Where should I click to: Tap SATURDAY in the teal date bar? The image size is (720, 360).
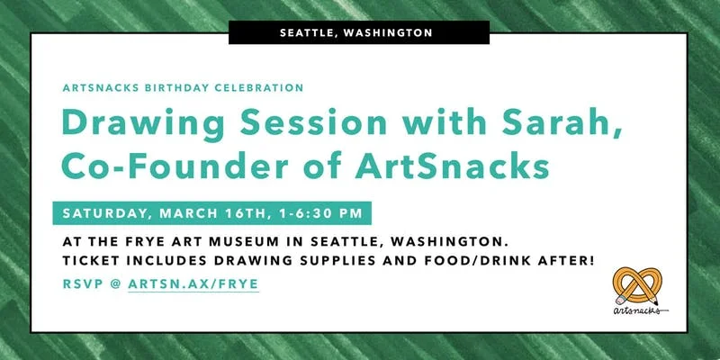pyautogui.click(x=106, y=213)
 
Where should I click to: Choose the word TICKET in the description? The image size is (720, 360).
pyautogui.click(x=93, y=261)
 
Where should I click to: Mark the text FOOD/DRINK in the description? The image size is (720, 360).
pyautogui.click(x=459, y=261)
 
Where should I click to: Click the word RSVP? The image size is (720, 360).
pyautogui.click(x=83, y=283)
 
